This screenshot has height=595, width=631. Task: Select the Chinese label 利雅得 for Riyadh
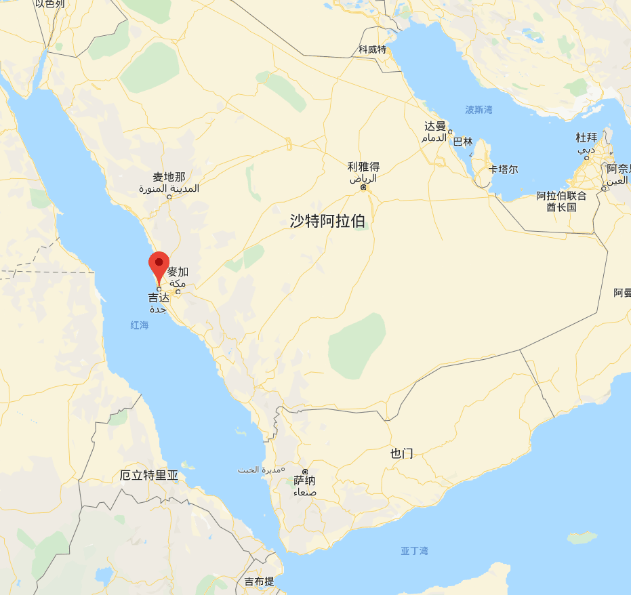[363, 167]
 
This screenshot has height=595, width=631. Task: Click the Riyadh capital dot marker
[364, 187]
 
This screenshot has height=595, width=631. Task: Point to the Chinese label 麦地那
[169, 177]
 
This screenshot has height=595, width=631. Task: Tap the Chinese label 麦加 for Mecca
[178, 272]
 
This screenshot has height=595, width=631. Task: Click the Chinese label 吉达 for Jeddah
[159, 297]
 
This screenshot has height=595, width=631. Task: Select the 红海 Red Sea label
[140, 325]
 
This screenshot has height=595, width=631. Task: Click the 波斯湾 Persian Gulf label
[479, 109]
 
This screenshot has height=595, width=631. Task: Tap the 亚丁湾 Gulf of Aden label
[414, 551]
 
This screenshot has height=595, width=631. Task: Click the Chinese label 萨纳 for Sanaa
[304, 480]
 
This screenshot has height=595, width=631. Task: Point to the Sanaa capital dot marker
[305, 472]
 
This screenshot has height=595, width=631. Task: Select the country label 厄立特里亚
[149, 475]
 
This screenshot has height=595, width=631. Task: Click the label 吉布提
[260, 581]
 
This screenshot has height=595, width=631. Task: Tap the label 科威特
[372, 49]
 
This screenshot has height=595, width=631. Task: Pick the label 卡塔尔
[504, 169]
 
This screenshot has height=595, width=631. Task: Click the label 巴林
[463, 142]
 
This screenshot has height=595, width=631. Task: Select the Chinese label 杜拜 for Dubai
[587, 138]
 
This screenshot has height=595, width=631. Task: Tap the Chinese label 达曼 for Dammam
[436, 126]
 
